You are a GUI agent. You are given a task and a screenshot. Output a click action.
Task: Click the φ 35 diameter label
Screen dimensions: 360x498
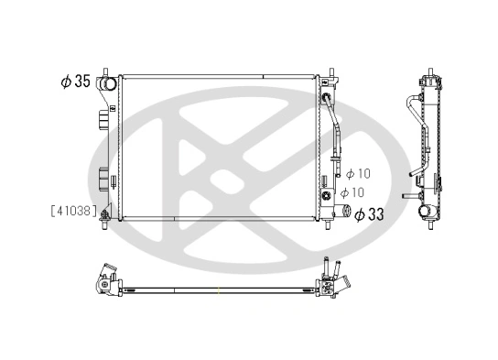tap(76, 82)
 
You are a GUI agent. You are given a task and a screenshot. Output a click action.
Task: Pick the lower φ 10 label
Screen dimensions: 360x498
tap(352, 192)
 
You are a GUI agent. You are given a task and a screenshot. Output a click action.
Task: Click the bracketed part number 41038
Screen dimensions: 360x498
tap(73, 210)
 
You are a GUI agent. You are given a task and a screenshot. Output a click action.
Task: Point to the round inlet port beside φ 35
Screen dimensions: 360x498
tap(109, 85)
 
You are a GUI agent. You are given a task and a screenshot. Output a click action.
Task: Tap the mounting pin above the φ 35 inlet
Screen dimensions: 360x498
tap(109, 71)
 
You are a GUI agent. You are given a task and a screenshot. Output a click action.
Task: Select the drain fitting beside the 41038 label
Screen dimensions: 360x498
tap(108, 216)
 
